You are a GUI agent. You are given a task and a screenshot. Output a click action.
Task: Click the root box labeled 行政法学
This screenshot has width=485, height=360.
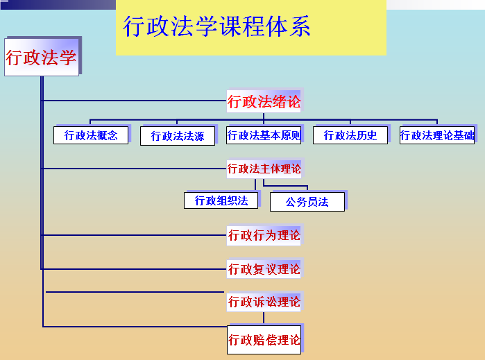coord(42,57)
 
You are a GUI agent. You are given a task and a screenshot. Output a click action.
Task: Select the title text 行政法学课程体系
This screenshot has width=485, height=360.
coord(216,26)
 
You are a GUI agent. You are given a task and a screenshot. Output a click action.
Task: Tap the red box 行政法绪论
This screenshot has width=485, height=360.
coord(264,101)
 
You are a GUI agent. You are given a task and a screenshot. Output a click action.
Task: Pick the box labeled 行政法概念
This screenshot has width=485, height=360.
coord(91,135)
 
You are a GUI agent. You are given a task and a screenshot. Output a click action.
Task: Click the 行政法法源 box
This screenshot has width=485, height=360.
coord(178,136)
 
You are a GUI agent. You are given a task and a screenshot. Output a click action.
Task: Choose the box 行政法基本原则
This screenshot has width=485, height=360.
coord(264,135)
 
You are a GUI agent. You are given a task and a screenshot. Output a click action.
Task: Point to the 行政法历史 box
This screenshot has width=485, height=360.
coord(350,135)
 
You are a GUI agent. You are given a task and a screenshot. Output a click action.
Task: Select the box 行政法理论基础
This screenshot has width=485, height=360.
coord(437,135)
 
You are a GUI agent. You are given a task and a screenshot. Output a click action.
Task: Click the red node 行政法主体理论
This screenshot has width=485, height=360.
coord(264,169)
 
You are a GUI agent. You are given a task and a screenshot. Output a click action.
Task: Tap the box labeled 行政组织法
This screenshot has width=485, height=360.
coord(221,200)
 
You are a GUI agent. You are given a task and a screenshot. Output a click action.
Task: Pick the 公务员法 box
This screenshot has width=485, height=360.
coord(307,202)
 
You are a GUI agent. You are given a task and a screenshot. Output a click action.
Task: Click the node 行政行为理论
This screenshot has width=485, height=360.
coord(264,235)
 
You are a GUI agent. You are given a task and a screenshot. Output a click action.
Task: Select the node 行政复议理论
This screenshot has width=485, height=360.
coord(264,269)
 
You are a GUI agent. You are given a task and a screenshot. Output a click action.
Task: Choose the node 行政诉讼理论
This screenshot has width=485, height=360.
coord(264,302)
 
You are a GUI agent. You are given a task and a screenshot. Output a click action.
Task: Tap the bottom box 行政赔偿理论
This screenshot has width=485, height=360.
coord(264,340)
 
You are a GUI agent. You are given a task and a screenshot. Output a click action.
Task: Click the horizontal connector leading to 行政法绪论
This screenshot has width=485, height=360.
coord(134,101)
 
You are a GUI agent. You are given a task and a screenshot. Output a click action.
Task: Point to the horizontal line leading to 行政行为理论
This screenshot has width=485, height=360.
coord(134,235)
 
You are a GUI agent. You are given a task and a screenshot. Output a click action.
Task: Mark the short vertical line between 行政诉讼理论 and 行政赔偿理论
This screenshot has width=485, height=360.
coord(264,318)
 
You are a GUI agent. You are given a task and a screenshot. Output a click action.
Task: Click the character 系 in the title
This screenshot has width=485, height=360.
coord(300,26)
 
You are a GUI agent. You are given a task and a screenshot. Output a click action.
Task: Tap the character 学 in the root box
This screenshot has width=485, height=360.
coord(68,58)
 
